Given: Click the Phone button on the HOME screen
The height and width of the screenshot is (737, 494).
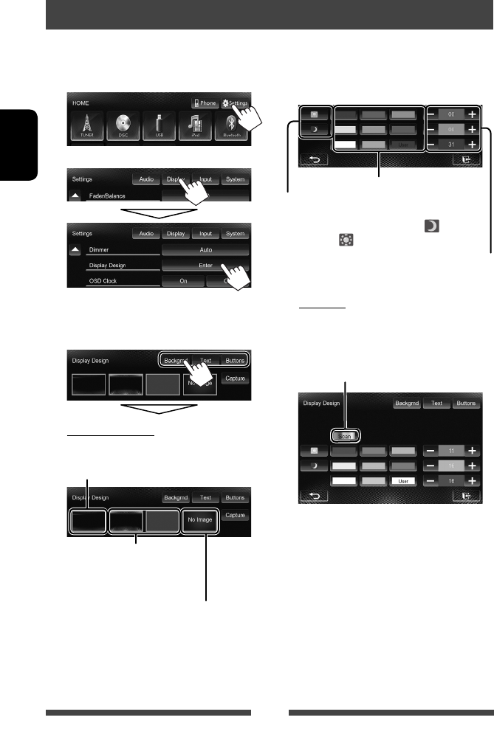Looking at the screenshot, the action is (x=205, y=104).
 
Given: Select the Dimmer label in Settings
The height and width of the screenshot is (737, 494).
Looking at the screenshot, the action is (x=99, y=250).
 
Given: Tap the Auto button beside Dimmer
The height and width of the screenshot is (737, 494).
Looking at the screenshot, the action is (x=206, y=250).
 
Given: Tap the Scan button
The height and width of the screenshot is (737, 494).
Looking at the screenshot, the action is (x=346, y=435).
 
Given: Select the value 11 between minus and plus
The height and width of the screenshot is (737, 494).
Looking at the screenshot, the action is (x=450, y=450).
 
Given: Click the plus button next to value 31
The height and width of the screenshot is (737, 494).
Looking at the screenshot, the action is (x=472, y=143).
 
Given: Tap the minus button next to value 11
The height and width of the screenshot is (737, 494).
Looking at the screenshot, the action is (x=430, y=450).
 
